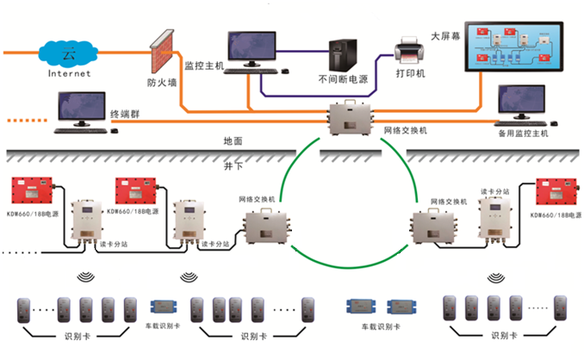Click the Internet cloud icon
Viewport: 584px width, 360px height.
click(x=65, y=54)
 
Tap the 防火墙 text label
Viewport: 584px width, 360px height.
click(x=161, y=84)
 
